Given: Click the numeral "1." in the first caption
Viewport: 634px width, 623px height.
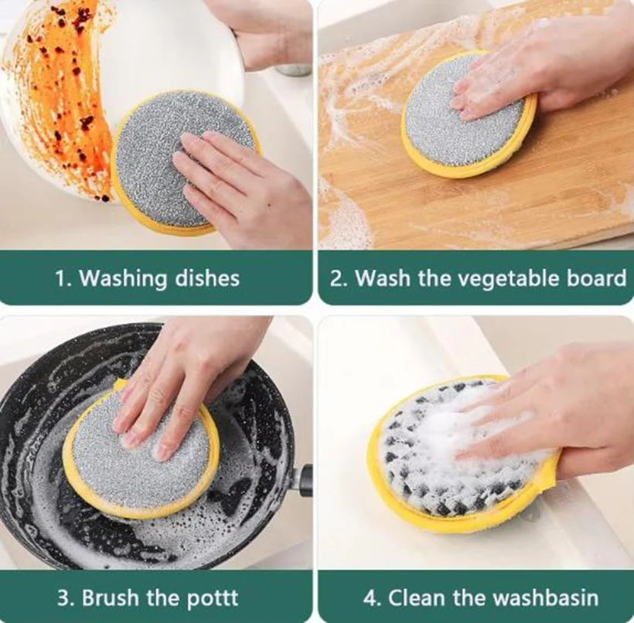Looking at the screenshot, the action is [64, 278].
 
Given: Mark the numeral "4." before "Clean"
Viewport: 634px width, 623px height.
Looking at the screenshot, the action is [372, 597].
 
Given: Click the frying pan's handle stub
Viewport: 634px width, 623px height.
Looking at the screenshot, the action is [305, 478].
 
